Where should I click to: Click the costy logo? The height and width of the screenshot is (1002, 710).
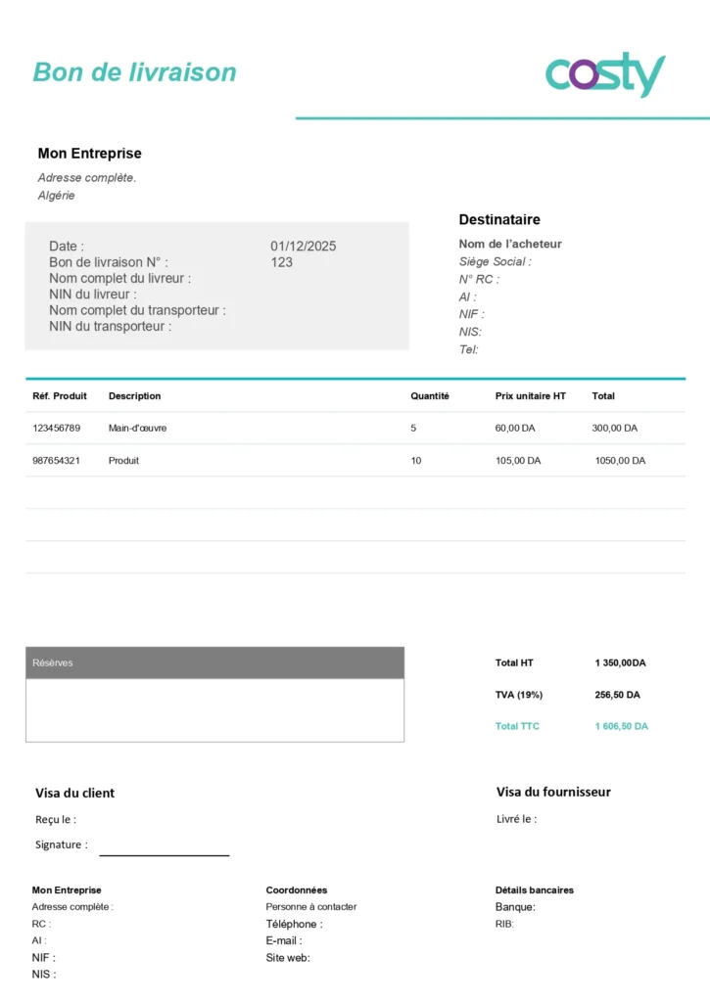click(604, 74)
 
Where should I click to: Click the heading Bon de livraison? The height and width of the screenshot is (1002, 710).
click(135, 71)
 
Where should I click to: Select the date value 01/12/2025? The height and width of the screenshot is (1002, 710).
click(303, 246)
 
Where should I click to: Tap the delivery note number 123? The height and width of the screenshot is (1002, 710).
click(281, 262)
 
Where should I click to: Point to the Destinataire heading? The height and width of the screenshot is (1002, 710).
click(499, 219)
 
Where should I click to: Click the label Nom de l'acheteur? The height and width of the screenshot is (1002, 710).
click(510, 244)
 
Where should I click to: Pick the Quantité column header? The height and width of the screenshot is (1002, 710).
click(430, 396)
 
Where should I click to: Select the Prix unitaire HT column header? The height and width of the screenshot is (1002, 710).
click(530, 396)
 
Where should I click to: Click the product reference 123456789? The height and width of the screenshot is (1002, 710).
click(57, 428)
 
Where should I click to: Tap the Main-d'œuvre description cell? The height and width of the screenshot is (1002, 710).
click(137, 428)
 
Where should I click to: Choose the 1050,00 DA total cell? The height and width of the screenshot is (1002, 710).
click(620, 460)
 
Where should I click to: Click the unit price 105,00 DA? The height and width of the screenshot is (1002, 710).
click(517, 460)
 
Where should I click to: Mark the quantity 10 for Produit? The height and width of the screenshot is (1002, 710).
click(416, 460)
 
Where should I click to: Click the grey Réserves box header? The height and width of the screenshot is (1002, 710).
click(214, 662)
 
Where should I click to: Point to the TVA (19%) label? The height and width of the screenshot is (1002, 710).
click(519, 695)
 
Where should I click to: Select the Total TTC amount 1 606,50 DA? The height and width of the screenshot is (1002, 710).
click(621, 726)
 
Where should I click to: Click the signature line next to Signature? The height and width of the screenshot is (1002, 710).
click(164, 854)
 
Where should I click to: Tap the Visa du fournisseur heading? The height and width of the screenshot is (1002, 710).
click(553, 792)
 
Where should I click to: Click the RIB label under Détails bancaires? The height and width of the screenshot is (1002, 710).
click(504, 924)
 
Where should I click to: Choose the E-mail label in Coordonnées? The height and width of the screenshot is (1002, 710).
click(284, 940)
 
